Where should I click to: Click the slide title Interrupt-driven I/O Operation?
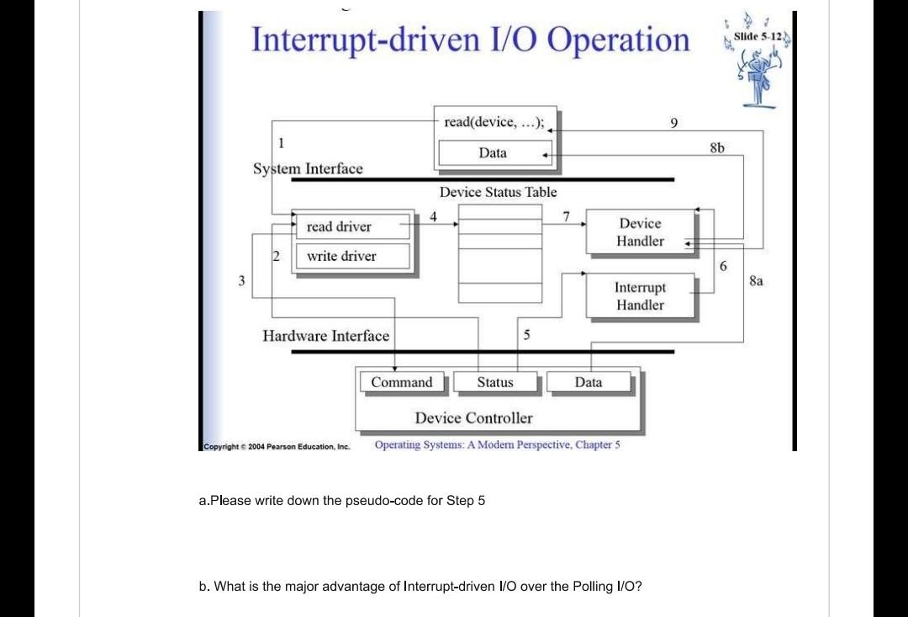tap(470, 40)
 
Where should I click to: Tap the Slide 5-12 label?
tap(758, 37)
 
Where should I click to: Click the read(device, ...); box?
tap(494, 122)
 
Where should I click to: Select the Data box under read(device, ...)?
tap(493, 153)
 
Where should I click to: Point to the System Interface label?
tap(308, 168)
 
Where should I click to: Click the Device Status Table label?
tap(498, 192)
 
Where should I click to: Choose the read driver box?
tap(339, 226)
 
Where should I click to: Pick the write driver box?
tap(341, 256)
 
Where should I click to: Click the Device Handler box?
tap(640, 232)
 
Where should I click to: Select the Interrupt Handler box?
tap(640, 296)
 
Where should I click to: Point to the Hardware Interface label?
tap(325, 336)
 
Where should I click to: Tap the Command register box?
tap(402, 382)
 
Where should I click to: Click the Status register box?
tap(495, 382)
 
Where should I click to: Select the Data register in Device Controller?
tap(589, 382)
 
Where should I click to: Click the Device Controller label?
tap(473, 418)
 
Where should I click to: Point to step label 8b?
tap(716, 146)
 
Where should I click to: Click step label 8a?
tap(757, 281)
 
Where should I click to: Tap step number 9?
tap(673, 124)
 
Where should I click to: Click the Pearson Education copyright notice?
tap(277, 446)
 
